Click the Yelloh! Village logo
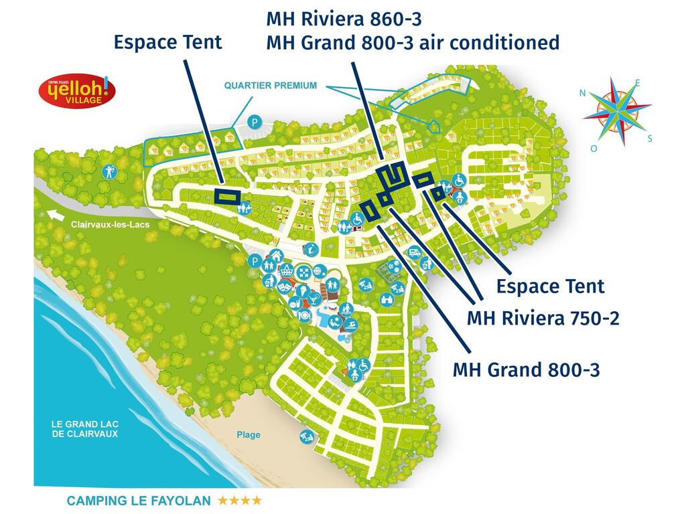coord(76,90)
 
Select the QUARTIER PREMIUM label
coord(270,86)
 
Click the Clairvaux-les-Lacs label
coord(111,225)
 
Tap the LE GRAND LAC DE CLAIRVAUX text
coord(84,428)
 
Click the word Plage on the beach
coord(249,435)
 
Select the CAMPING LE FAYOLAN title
coord(139,501)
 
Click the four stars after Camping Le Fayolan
coord(238,501)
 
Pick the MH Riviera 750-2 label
coord(543,318)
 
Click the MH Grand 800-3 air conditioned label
coord(413,43)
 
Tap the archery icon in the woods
coord(111,172)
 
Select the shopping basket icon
coord(287,270)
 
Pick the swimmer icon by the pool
coord(352,325)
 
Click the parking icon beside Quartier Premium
coord(254,122)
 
